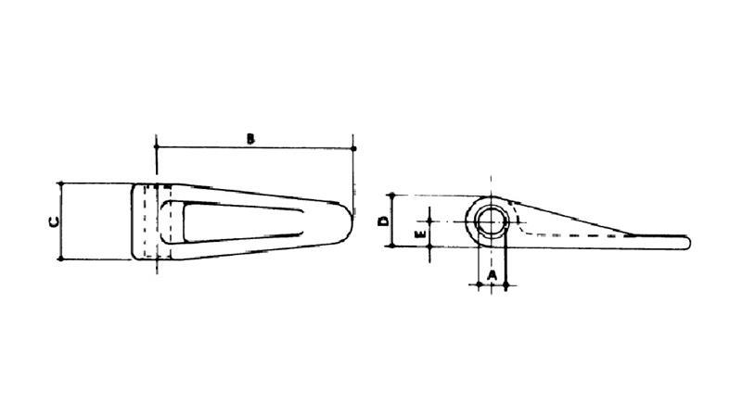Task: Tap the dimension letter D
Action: click(382, 221)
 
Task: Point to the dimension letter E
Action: click(420, 235)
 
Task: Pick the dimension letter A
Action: click(493, 275)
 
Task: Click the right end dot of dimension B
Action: click(354, 147)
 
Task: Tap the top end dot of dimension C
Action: click(60, 183)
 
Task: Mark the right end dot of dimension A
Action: click(506, 284)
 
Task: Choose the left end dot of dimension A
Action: click(479, 284)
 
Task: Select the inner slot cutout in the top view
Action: click(241, 221)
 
